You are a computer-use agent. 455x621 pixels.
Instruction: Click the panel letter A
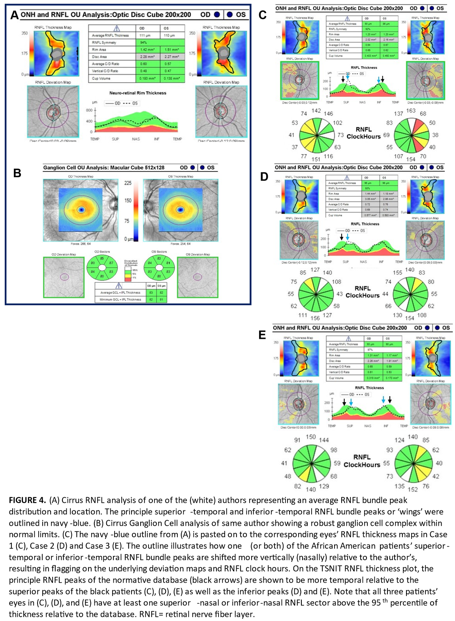pos(14,15)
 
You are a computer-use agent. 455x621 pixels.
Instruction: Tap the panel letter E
pos(262,335)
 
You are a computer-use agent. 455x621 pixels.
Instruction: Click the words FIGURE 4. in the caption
pos(27,500)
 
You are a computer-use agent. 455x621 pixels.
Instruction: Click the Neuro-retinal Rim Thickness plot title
pos(137,93)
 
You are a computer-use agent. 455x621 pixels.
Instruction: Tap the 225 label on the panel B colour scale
pos(128,183)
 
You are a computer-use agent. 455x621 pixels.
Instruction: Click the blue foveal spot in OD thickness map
pos(81,210)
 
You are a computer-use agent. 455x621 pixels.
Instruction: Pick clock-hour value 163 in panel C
pos(411,111)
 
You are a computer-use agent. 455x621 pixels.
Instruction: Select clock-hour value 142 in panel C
pos(316,111)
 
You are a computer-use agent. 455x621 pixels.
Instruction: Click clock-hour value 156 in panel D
pos(315,318)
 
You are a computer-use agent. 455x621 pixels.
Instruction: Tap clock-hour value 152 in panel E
pos(412,489)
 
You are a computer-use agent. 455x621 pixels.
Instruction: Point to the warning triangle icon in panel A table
pos(117,28)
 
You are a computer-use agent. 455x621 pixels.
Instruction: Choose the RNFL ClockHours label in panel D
pos(362,292)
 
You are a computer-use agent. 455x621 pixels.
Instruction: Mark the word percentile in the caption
pos(408,603)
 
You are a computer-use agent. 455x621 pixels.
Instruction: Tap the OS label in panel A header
pos(241,15)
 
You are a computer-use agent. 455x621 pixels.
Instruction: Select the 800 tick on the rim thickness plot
pos(89,110)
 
